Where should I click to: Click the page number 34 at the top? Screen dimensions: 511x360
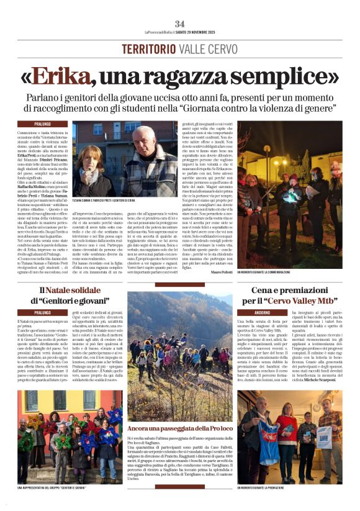179,23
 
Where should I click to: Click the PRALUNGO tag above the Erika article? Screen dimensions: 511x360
43,124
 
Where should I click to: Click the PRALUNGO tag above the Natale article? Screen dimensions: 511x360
43,313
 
